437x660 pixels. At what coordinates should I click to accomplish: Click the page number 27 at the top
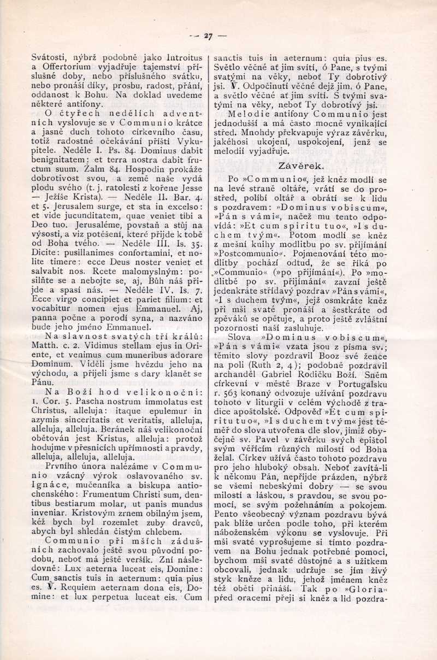pyautogui.click(x=208, y=37)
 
